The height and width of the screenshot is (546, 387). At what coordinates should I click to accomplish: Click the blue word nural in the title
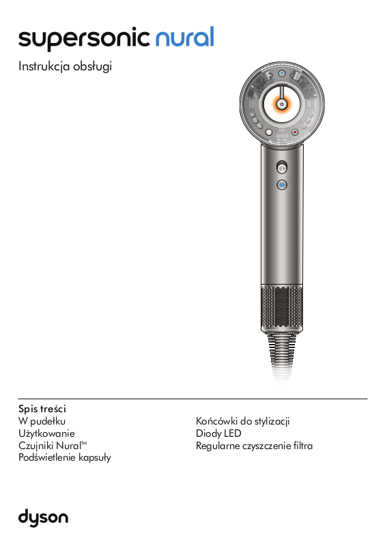coord(184,37)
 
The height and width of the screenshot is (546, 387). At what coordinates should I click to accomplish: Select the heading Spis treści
coord(42,409)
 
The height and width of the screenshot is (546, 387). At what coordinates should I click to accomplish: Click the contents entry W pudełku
coord(42,421)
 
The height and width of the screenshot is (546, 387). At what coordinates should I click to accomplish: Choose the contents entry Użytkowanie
coord(46,433)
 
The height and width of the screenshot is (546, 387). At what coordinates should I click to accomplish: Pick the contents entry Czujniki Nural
coord(53,446)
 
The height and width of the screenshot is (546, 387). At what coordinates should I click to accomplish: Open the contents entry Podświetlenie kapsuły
coord(65,457)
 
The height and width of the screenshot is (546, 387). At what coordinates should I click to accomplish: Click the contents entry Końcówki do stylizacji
coord(243,421)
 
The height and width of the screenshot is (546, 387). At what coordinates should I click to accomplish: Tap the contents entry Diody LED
coord(218,433)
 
